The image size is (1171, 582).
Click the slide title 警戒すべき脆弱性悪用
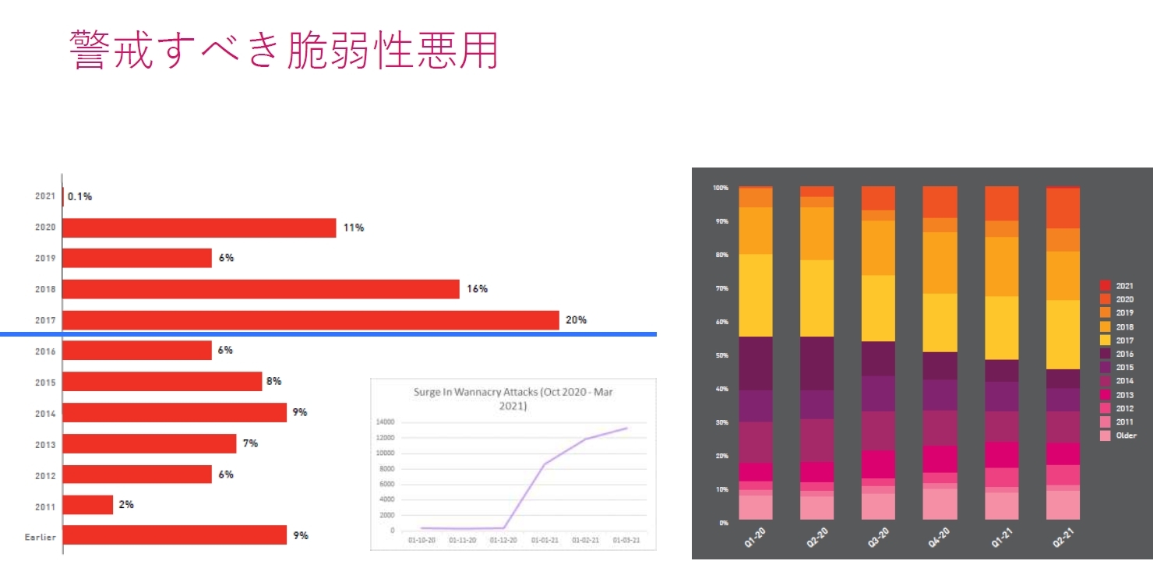coord(284,50)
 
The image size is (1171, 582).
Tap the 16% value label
coord(477,289)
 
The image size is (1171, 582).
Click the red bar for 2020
coord(199,228)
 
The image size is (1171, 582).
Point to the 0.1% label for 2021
coord(79,196)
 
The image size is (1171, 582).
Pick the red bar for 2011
coord(87,505)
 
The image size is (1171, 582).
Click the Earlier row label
coord(41,537)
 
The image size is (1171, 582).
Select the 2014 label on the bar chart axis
coord(44,414)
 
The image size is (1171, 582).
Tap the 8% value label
coord(273,381)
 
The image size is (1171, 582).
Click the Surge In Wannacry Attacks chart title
coord(513,399)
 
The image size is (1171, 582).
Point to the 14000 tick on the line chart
coord(385,422)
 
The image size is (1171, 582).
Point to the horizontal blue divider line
coord(327,334)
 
